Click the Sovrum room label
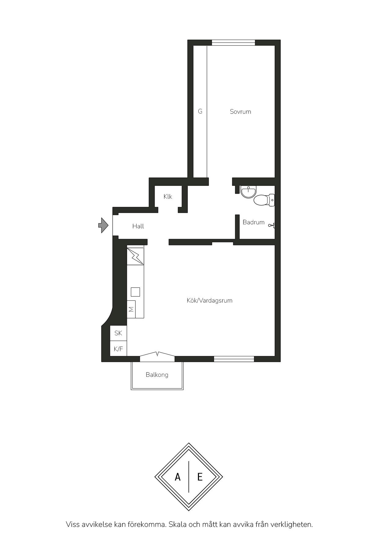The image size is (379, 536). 240,112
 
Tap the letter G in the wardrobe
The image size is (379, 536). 200,111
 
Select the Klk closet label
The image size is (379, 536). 168,196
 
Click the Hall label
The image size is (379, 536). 138,226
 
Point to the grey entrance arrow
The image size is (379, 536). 103,225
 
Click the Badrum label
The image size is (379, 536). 253,222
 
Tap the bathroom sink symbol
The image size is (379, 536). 248,192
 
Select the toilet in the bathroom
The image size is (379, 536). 264,200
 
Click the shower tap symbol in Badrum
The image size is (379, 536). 272,226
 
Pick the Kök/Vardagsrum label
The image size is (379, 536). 210,300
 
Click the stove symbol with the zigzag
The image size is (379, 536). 135,255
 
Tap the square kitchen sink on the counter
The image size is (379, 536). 135,292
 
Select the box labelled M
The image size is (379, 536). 131,309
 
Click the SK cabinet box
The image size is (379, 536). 118,333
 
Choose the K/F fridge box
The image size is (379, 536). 118,349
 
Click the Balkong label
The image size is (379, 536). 157,375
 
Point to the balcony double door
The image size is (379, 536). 157,354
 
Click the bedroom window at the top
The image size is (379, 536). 234,43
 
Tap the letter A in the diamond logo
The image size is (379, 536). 178,477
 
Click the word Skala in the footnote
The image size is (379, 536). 178,524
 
